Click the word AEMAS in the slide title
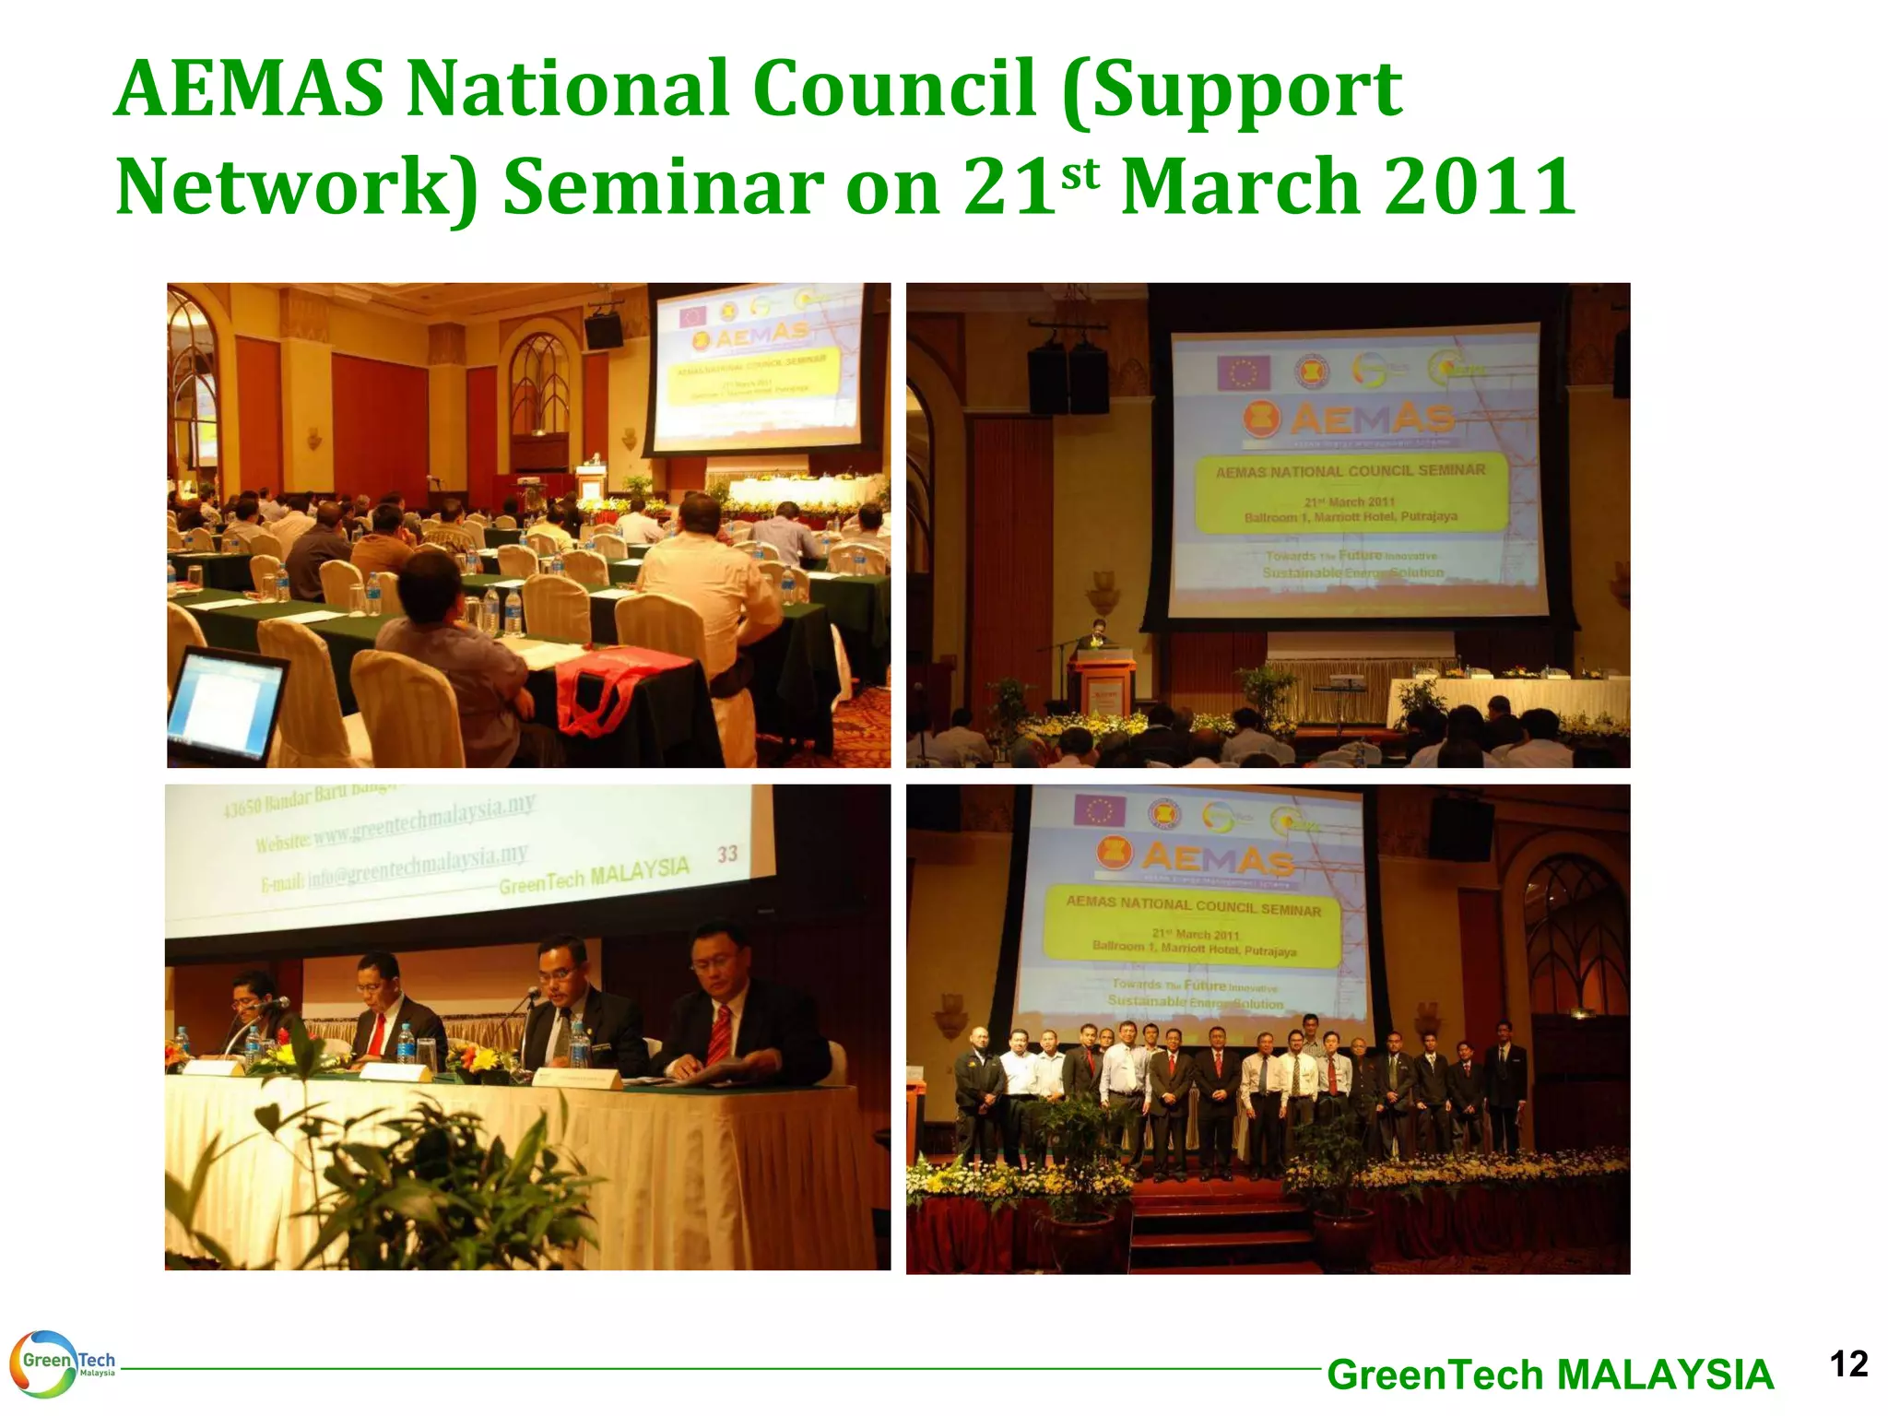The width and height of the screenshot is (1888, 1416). click(249, 88)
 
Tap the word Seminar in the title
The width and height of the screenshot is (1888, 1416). click(662, 186)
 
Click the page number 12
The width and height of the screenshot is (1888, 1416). click(1847, 1363)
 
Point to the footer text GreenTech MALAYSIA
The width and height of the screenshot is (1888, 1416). click(1550, 1375)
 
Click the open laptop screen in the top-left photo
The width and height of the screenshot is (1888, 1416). click(224, 704)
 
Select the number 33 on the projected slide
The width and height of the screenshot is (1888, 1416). click(727, 854)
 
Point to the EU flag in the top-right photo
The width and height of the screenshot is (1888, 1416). click(1244, 372)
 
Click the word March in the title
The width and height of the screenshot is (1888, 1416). click(1241, 186)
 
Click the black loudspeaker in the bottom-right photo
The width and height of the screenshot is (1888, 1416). click(1460, 829)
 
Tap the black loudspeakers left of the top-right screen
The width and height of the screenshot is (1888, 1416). click(1068, 379)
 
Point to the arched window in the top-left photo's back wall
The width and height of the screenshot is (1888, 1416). click(539, 387)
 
